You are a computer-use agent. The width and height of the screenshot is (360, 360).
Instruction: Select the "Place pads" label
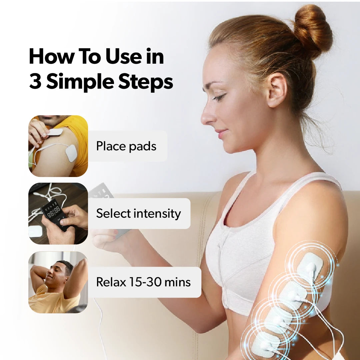pos(126,146)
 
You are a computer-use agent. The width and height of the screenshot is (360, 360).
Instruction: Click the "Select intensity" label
pos(138,214)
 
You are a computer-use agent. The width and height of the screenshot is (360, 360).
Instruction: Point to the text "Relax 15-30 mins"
pos(143,282)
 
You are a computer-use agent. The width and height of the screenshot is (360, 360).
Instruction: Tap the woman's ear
pos(277,90)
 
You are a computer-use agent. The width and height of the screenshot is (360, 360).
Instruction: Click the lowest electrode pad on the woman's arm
pos(264,344)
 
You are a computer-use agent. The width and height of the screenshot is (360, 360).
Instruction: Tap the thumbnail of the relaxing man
pos(58,282)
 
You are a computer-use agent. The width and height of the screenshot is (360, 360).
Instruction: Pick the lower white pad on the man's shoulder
pos(71,153)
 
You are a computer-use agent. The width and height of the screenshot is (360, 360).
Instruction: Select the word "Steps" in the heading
pos(145,82)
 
